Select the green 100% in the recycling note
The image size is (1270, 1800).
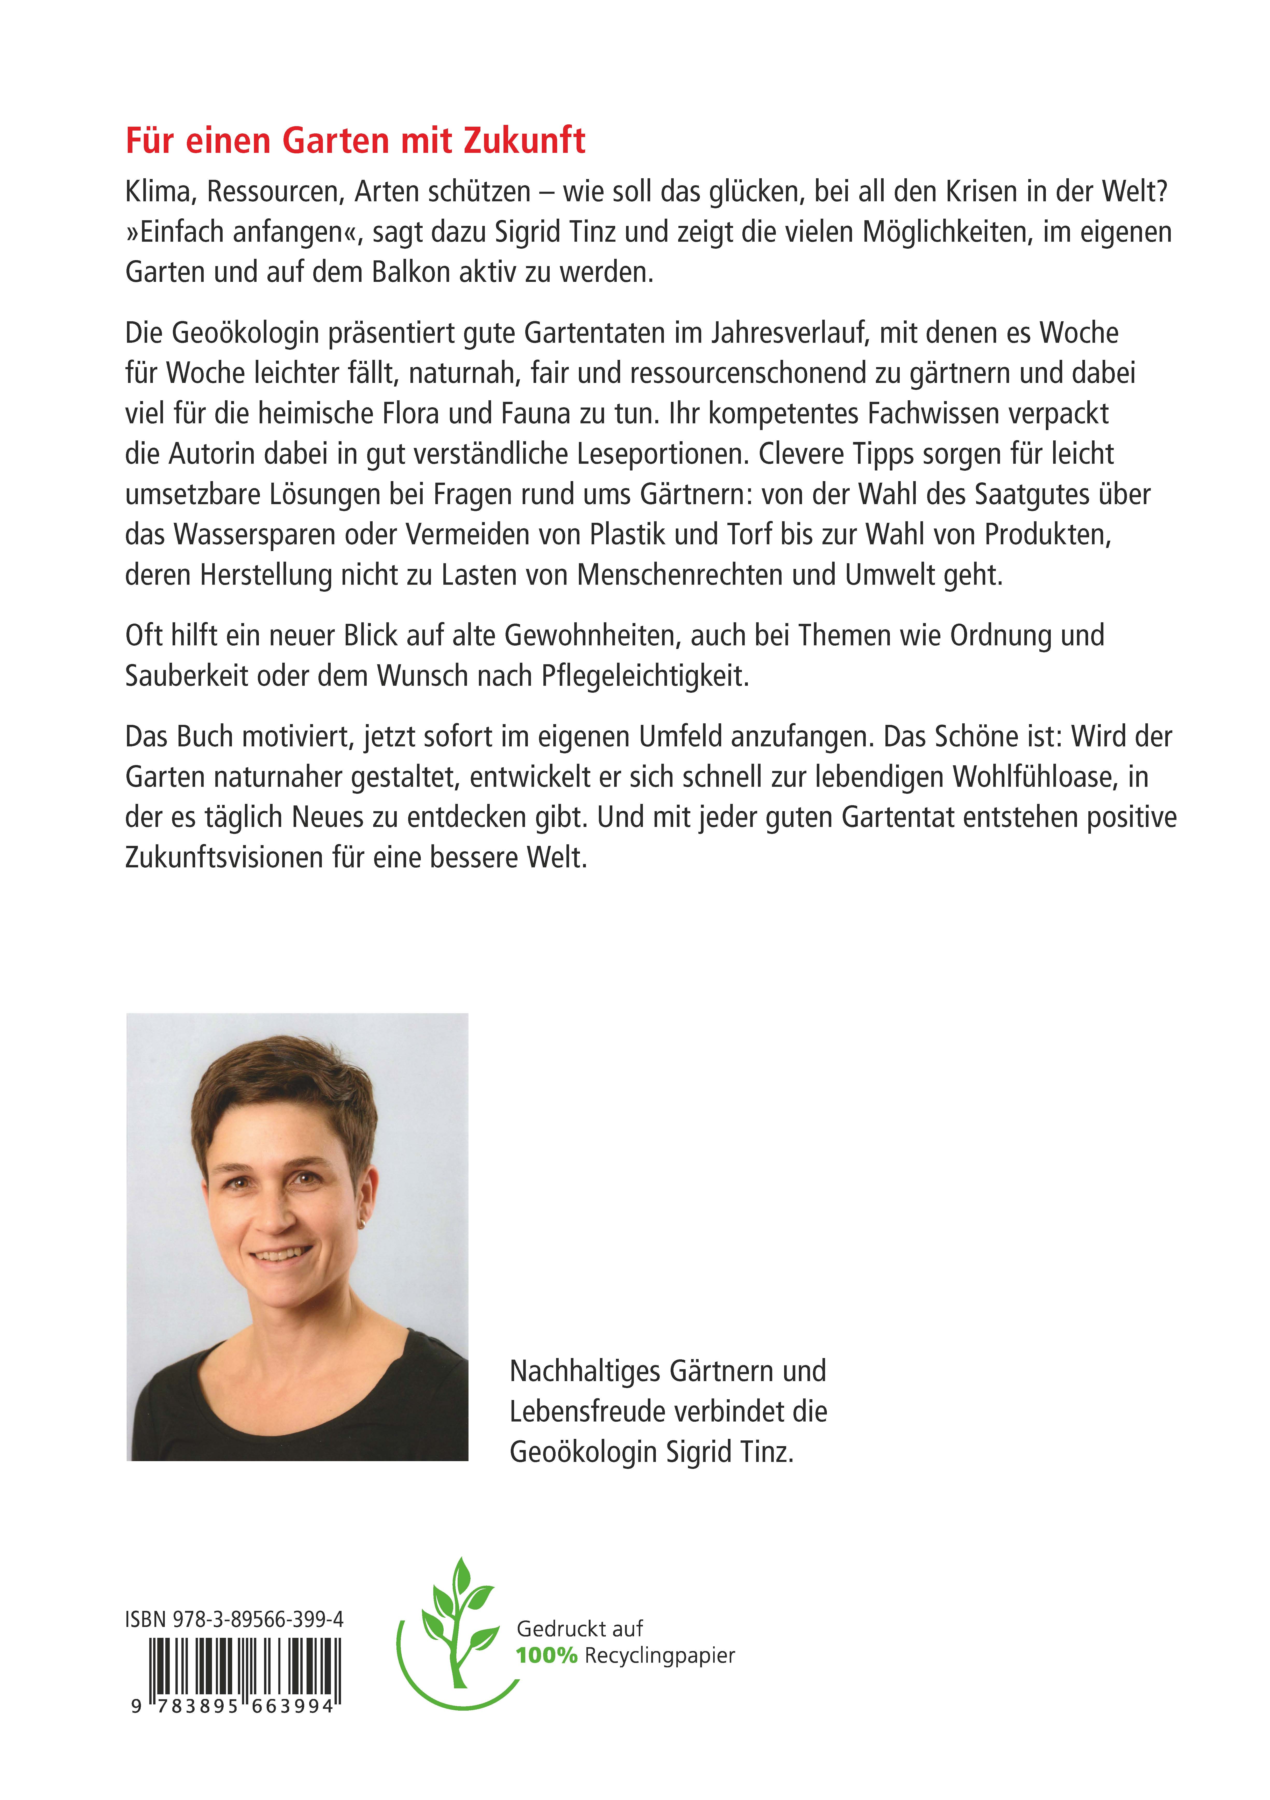[x=547, y=1656]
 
